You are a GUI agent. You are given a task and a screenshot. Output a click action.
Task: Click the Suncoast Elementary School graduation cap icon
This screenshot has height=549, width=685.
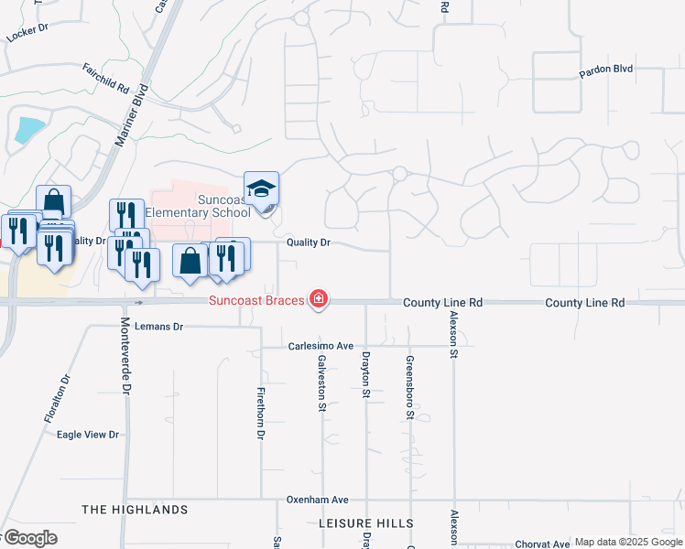261,189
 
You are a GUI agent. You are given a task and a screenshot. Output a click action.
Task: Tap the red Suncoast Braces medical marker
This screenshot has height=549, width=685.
318,299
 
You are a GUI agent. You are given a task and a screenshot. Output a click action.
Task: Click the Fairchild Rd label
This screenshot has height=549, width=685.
104,78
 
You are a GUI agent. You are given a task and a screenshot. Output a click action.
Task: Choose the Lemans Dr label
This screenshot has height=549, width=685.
158,326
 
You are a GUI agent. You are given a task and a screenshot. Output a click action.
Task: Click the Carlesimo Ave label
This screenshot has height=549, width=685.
321,346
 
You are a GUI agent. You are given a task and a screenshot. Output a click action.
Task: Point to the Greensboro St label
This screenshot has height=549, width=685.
409,386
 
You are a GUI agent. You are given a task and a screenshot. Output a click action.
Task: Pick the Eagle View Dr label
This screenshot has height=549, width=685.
88,435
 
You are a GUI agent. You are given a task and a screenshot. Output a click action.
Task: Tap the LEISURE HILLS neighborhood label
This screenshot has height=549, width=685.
365,523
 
